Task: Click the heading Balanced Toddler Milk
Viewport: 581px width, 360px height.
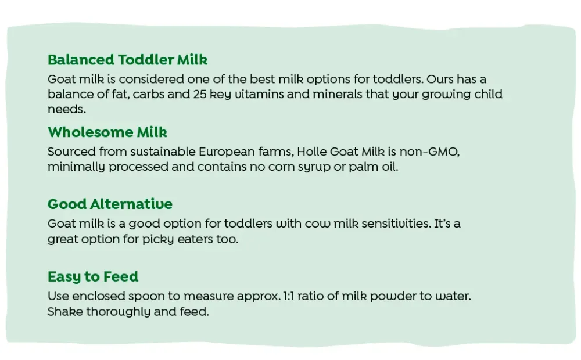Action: tap(127, 60)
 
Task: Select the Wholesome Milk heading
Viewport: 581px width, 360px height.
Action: tap(107, 132)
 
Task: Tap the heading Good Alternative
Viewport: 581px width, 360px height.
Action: tap(110, 204)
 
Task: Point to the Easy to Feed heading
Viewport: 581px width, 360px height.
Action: tap(93, 276)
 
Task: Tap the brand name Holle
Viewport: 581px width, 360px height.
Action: tap(312, 152)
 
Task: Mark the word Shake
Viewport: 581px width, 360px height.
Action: tap(65, 312)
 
